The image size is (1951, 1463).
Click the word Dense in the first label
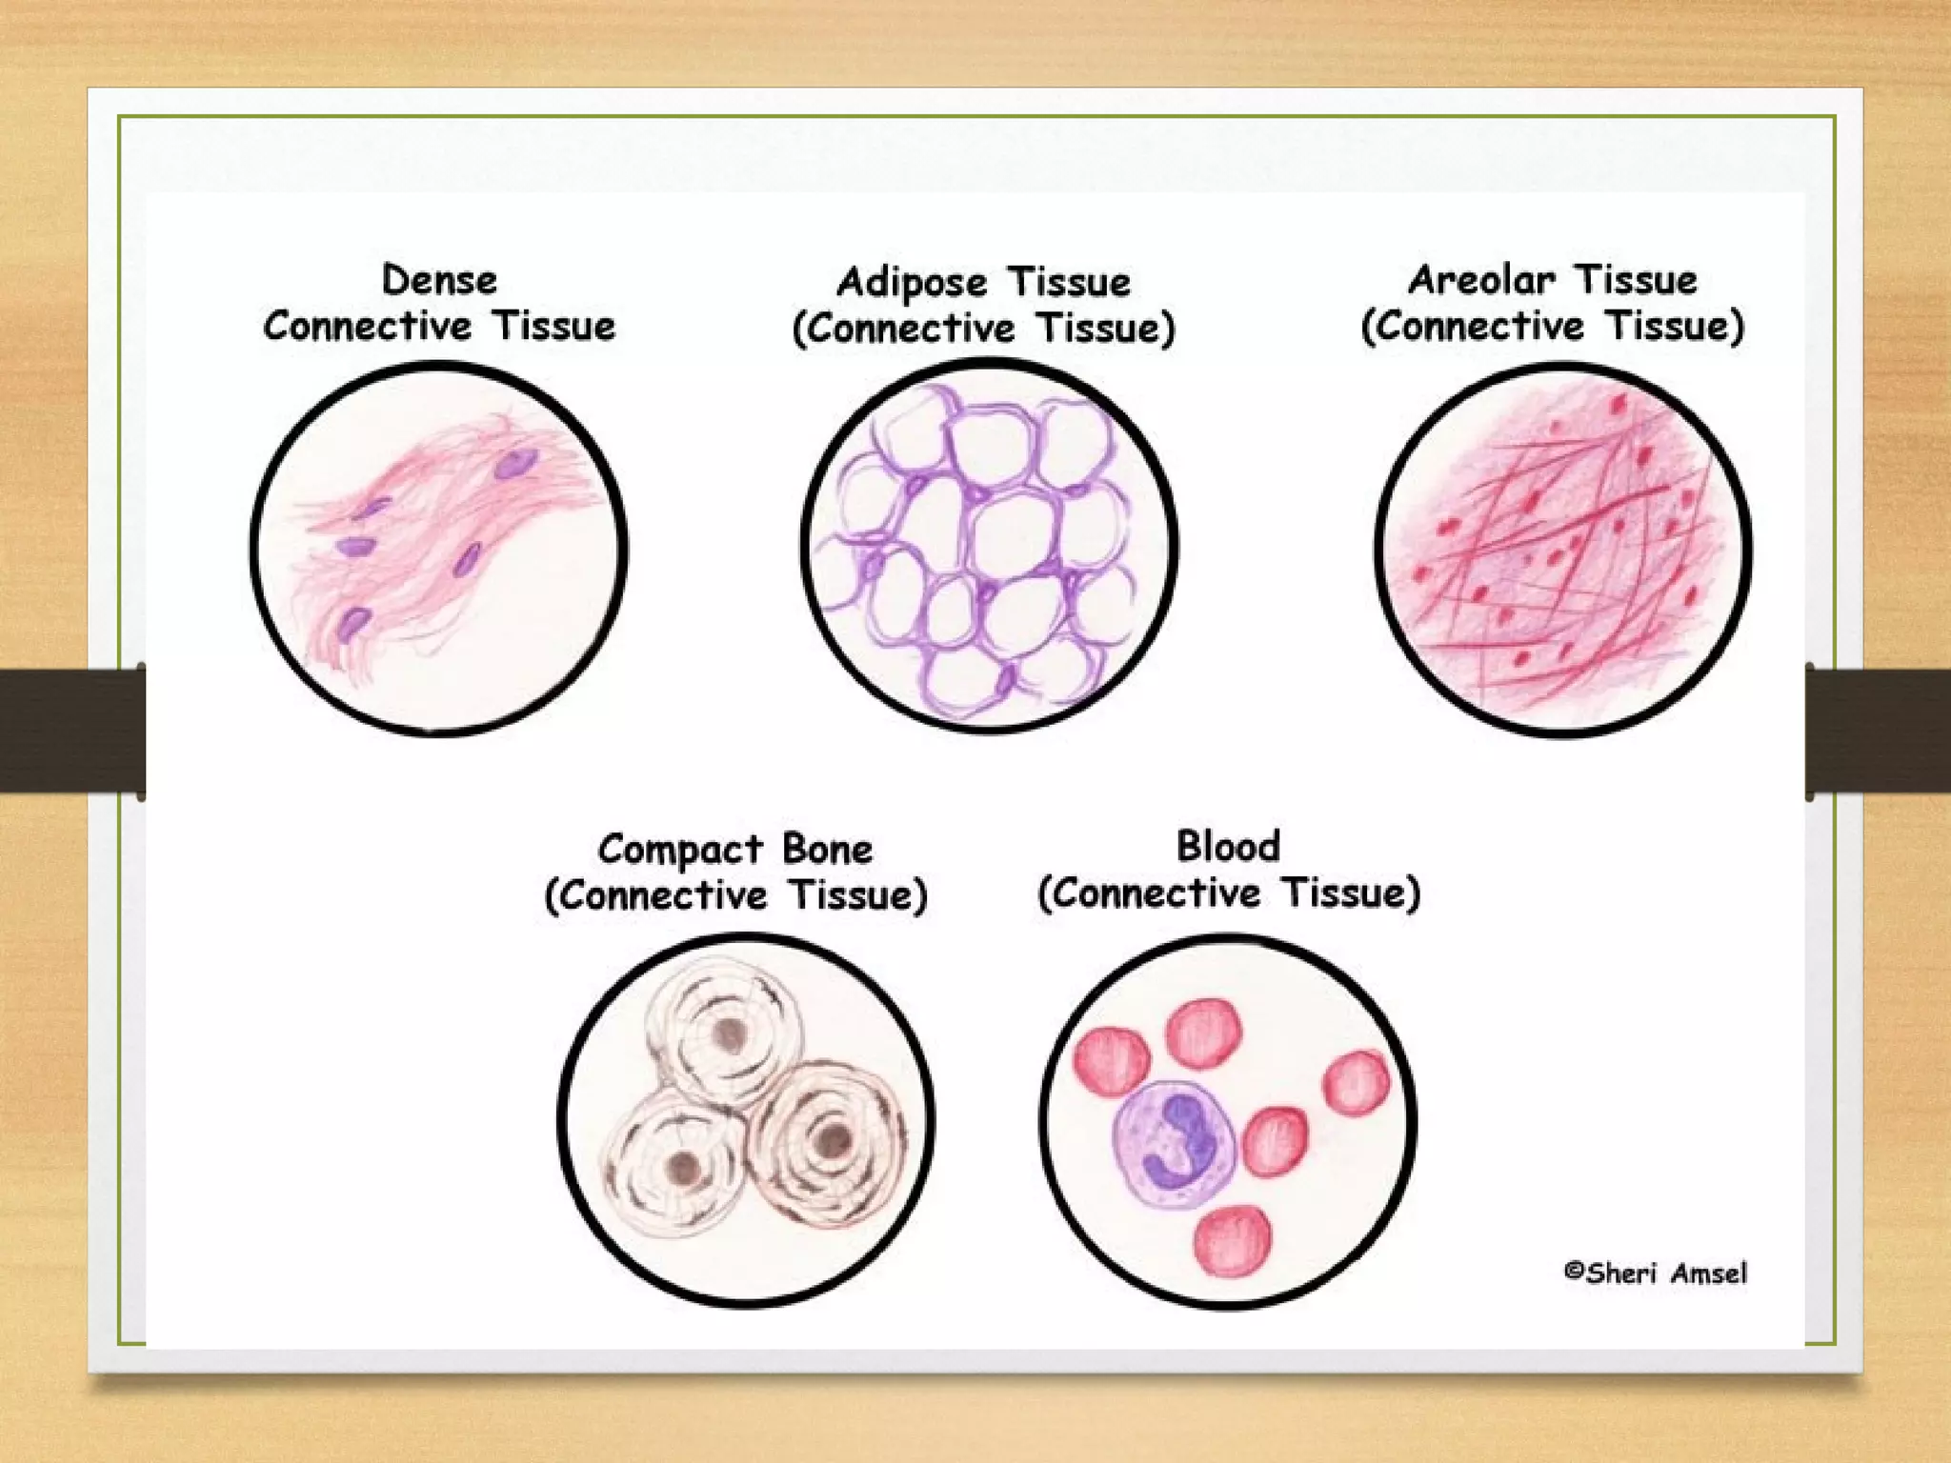click(439, 280)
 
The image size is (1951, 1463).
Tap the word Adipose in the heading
click(912, 283)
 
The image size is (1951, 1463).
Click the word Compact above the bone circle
click(680, 850)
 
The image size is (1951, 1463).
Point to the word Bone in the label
click(827, 849)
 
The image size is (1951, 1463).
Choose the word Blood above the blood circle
click(1228, 846)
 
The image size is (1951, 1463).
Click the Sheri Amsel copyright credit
click(1656, 1273)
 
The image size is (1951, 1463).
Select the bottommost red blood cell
click(1234, 1240)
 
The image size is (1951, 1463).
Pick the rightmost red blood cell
click(1357, 1083)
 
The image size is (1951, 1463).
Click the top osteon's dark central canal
click(730, 1033)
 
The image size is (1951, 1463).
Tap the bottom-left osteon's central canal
click(682, 1166)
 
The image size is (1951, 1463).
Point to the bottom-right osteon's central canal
click(834, 1137)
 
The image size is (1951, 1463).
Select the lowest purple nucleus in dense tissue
click(353, 624)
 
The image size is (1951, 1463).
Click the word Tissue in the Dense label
click(554, 327)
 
